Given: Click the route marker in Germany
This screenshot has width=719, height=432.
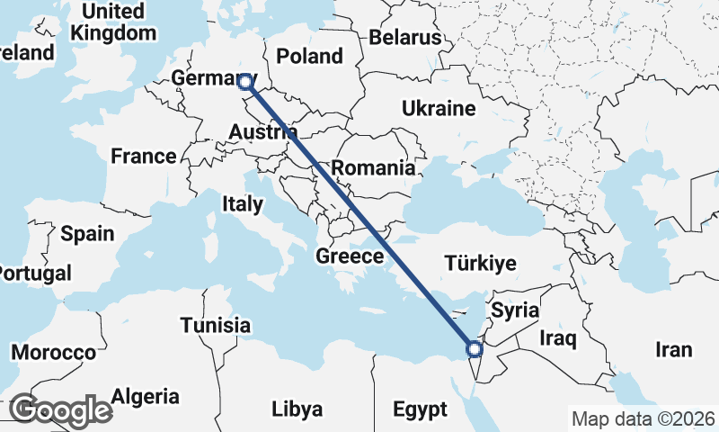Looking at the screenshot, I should (245, 82).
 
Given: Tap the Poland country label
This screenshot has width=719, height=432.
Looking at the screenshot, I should (309, 56).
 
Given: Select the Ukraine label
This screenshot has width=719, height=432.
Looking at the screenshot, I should (438, 109).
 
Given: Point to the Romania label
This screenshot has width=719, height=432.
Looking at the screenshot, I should (373, 167).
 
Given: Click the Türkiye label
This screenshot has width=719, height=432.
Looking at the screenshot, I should (481, 264).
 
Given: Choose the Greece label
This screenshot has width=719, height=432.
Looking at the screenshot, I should (350, 256).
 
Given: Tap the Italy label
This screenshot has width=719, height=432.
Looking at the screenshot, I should (243, 204).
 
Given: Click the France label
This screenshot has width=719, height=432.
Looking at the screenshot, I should (144, 157).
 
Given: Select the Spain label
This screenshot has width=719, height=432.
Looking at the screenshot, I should (87, 234).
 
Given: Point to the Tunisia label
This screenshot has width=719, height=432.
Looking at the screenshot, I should (215, 325).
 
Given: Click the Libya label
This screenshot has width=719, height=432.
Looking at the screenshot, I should (297, 409).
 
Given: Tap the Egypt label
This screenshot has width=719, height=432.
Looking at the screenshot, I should (420, 410).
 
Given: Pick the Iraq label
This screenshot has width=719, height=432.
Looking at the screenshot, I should (557, 338).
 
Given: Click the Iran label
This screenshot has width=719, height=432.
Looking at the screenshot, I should (674, 350).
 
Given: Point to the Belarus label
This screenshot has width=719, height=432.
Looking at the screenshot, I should (405, 38).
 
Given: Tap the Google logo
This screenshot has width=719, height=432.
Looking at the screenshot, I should (61, 411).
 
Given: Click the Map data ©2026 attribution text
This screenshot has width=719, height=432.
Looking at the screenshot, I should (644, 418).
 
